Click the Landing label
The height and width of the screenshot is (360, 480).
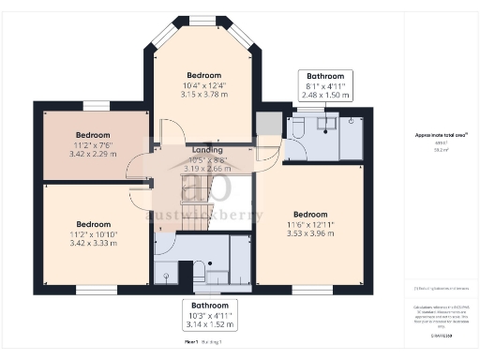tap(205, 151)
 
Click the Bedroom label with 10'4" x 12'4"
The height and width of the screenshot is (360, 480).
tap(203, 75)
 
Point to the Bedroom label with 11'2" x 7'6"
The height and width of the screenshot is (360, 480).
tap(93, 135)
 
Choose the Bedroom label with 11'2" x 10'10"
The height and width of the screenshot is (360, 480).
tap(93, 224)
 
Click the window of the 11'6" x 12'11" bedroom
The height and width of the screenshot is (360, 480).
tap(312, 285)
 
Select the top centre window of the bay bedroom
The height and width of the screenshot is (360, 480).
tap(203, 20)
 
